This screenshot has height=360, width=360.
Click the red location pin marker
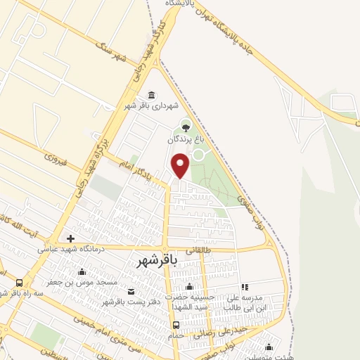[181, 165]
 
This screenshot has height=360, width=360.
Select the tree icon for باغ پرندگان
[186, 127]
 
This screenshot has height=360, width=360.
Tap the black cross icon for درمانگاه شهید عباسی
[70, 239]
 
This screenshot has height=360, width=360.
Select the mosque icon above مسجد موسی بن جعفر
[82, 272]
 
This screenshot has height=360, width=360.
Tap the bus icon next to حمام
[176, 325]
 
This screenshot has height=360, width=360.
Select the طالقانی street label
[198, 249]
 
